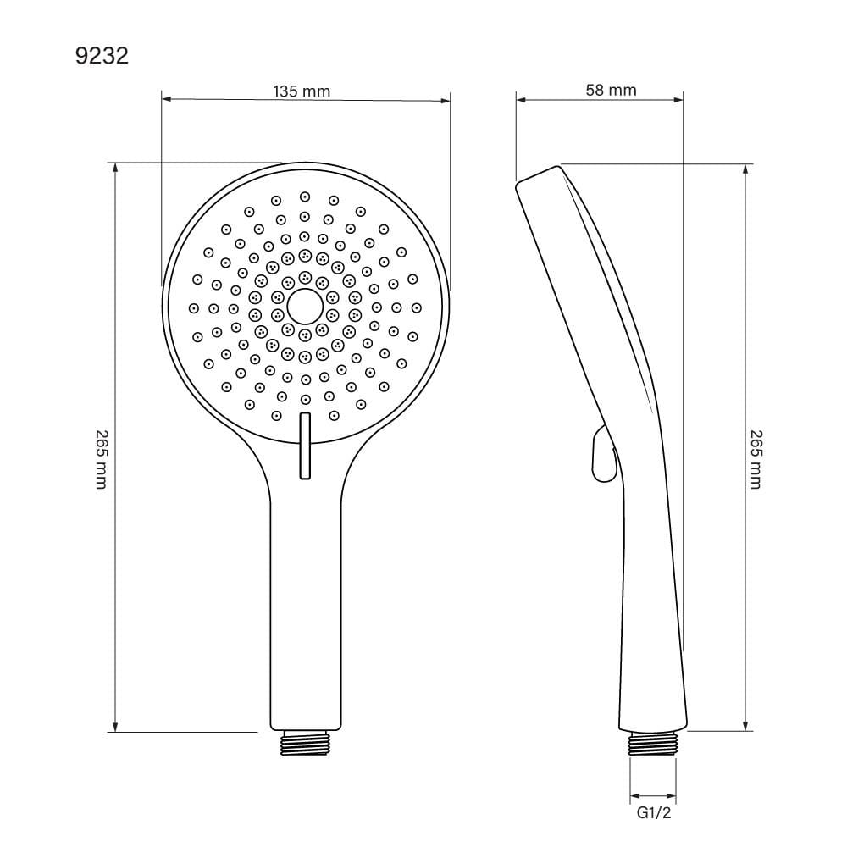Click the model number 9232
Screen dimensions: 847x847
click(x=102, y=56)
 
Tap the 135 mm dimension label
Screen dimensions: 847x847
click(x=302, y=91)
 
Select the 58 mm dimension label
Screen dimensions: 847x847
click(x=611, y=90)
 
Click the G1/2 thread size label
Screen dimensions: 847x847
click(x=654, y=812)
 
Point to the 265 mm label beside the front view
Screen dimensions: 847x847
click(x=102, y=459)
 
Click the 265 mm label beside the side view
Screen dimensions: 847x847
click(x=756, y=459)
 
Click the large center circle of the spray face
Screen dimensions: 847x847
click(x=305, y=307)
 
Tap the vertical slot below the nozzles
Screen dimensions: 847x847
click(x=305, y=446)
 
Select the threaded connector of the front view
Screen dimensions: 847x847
click(x=305, y=743)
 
